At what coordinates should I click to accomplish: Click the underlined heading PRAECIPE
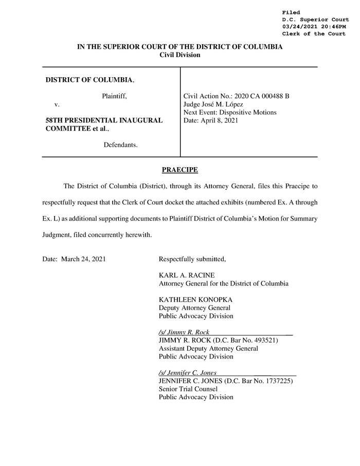tap(179, 170)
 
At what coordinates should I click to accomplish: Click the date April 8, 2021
tap(219, 120)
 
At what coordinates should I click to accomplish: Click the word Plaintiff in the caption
tap(114, 96)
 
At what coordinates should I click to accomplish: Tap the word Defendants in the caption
tap(120, 145)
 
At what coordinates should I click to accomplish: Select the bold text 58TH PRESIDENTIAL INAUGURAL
tap(104, 120)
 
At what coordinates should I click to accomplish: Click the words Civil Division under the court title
tap(180, 55)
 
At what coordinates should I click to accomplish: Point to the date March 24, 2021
tap(83, 259)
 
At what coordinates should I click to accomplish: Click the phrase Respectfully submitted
tap(192, 259)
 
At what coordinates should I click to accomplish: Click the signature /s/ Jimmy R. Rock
tap(184, 332)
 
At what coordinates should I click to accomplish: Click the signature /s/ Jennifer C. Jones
tap(188, 372)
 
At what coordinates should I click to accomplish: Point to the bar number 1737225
tap(277, 381)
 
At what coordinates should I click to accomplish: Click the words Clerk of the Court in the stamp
tap(313, 34)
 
